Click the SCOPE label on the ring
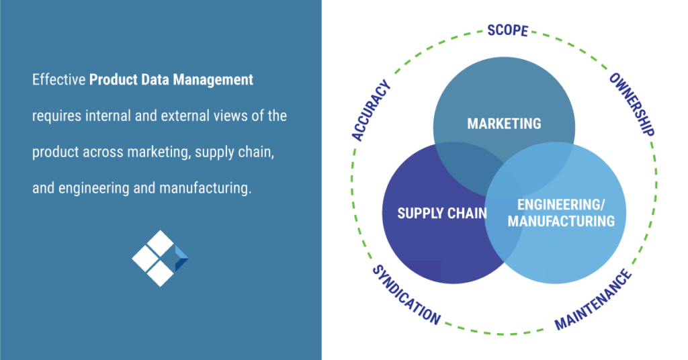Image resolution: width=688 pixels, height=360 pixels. pyautogui.click(x=508, y=31)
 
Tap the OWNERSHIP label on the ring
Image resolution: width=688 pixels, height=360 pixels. pyautogui.click(x=632, y=104)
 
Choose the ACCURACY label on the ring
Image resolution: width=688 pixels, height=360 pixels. pyautogui.click(x=371, y=111)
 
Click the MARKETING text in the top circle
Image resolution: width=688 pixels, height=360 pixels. pyautogui.click(x=504, y=124)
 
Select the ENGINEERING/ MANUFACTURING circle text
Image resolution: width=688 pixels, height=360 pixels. pyautogui.click(x=560, y=213)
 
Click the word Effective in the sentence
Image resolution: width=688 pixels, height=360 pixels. pyautogui.click(x=58, y=80)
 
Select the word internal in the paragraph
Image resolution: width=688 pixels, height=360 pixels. pyautogui.click(x=110, y=116)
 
